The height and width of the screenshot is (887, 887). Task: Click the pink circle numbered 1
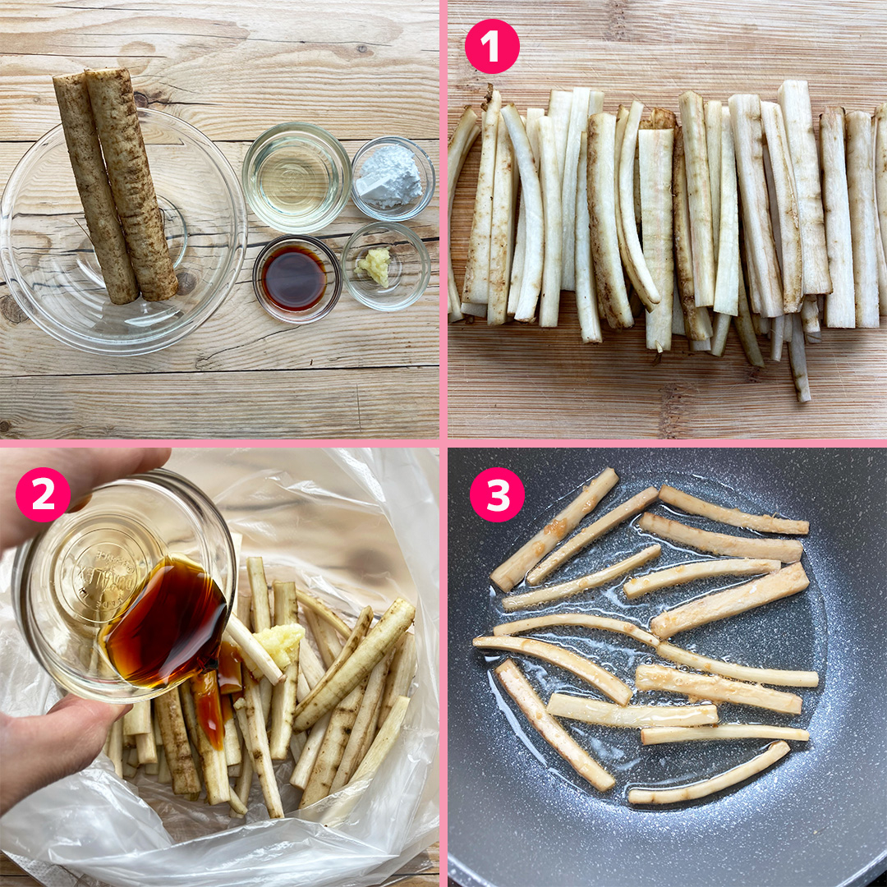click(492, 47)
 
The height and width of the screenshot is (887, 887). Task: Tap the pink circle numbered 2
click(43, 494)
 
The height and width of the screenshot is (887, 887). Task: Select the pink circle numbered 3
click(496, 494)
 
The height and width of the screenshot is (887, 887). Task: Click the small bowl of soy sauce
click(296, 278)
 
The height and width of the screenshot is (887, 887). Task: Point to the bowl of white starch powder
click(393, 177)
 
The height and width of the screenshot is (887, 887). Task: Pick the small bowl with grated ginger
click(385, 265)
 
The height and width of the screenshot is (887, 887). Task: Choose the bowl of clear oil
click(296, 177)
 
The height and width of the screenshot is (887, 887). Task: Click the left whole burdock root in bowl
click(94, 189)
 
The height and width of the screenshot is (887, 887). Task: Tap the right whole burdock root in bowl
click(131, 185)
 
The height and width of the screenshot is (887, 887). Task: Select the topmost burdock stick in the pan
click(554, 529)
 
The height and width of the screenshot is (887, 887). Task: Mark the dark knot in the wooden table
click(13, 311)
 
